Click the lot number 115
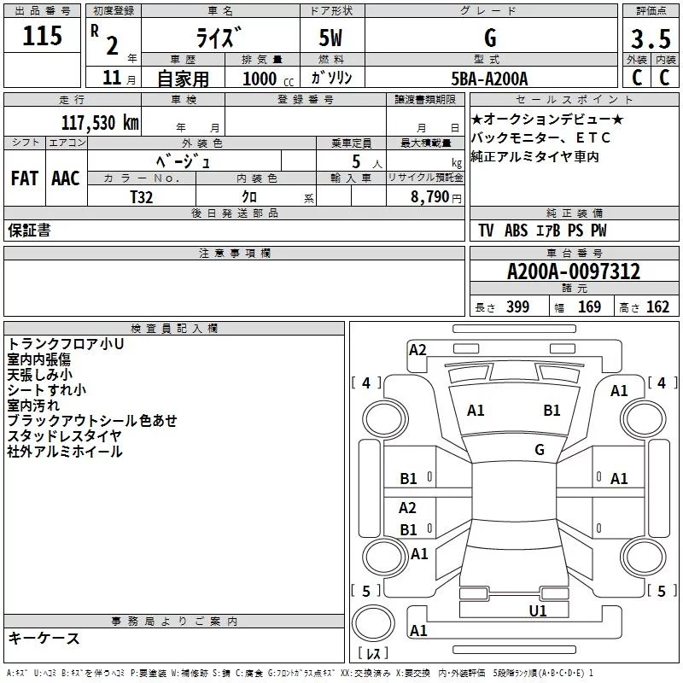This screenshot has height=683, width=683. tap(43, 37)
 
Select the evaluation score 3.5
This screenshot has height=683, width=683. tap(650, 39)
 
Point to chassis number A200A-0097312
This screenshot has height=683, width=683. tap(574, 271)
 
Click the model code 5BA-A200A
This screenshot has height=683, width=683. tap(489, 79)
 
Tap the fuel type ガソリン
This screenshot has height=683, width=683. tap(332, 78)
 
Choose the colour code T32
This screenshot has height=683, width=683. tap(143, 196)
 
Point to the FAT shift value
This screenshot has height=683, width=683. tap(25, 178)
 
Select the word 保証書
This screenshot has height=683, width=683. tap(29, 231)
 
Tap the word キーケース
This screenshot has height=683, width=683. tap(44, 639)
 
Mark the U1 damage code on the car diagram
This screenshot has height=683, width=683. tap(538, 610)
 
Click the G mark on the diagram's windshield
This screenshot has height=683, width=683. tap(540, 449)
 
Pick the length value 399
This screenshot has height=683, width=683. tap(517, 307)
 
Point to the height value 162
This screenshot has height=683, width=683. tap(657, 307)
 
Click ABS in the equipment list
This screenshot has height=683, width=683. tap(516, 231)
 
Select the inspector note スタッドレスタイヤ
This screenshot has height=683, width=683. tap(64, 435)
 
